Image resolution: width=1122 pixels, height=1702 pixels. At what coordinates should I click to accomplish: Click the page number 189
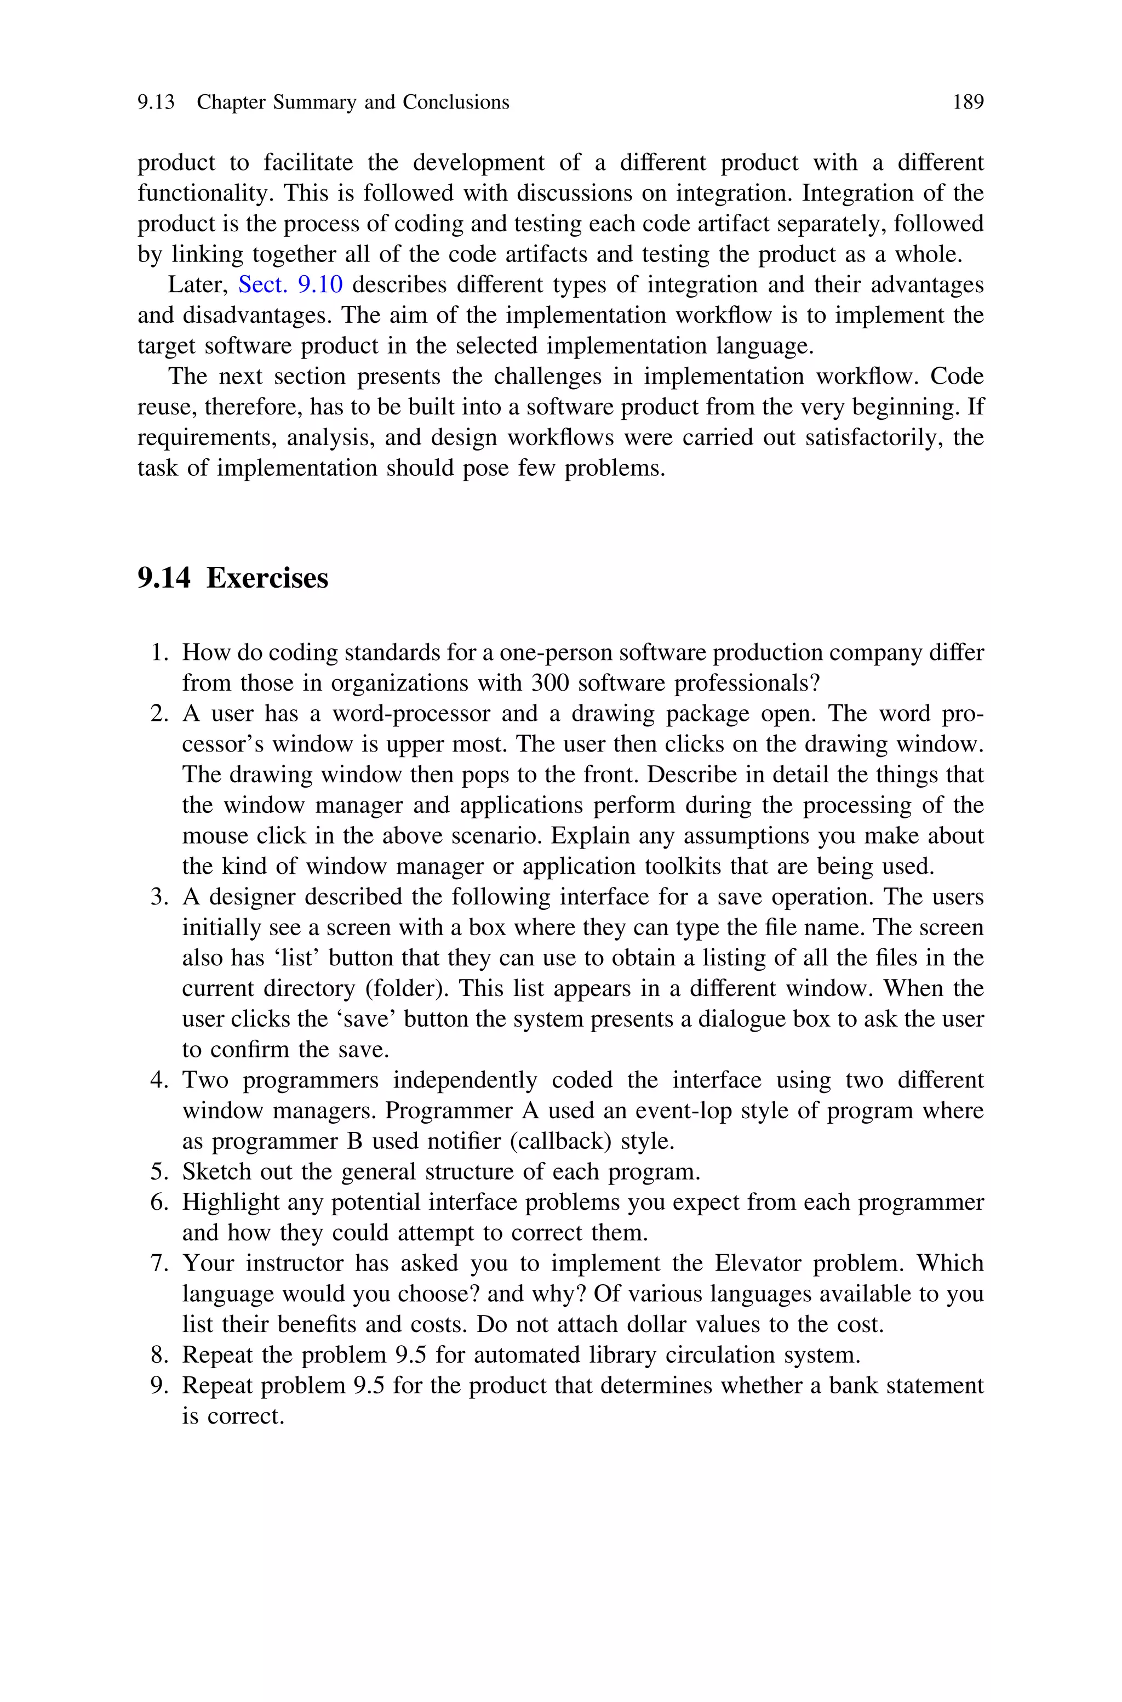point(968,103)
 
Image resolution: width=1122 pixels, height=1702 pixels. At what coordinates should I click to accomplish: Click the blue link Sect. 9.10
point(290,285)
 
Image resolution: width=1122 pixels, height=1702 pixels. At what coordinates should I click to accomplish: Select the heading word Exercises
point(267,578)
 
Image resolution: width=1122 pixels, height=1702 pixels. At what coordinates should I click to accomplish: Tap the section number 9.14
point(164,578)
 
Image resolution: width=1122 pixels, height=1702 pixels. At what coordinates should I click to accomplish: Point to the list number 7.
point(159,1263)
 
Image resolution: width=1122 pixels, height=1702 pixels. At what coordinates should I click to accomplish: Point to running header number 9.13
point(156,103)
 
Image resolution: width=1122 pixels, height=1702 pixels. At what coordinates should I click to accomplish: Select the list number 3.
point(159,897)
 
